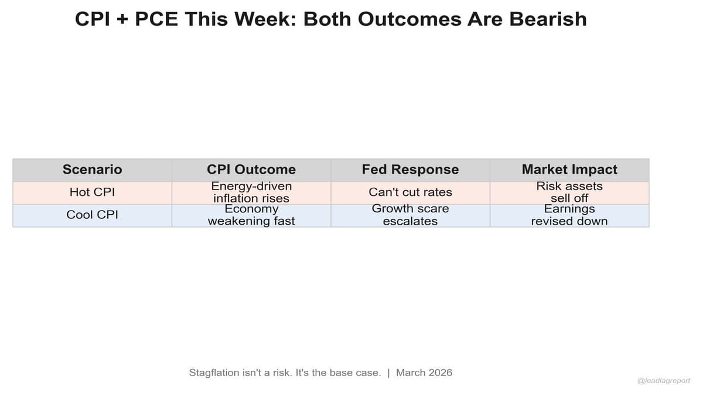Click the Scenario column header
pos(92,170)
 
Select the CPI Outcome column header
pos(251,170)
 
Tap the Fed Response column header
pos(410,170)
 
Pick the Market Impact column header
pos(569,170)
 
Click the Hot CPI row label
pos(92,192)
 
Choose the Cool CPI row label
pos(92,215)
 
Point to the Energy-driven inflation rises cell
pos(251,192)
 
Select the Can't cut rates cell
pos(410,192)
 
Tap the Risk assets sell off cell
pos(569,192)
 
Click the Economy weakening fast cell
pos(251,215)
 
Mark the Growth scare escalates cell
pos(410,215)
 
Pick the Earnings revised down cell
pos(569,215)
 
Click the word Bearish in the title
pos(548,19)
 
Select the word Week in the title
pos(264,19)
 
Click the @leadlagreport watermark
pos(664,381)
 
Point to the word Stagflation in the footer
pos(214,373)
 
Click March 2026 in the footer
pos(424,373)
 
